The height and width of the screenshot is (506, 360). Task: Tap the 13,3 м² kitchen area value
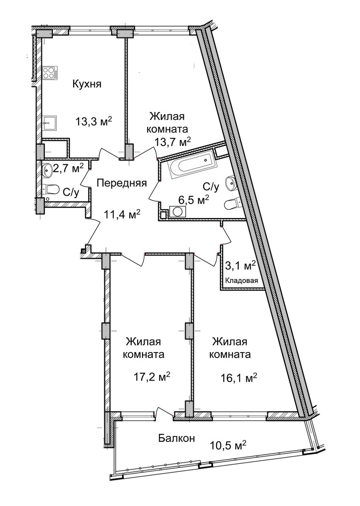pyautogui.click(x=94, y=122)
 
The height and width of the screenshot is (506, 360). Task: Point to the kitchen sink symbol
pyautogui.click(x=50, y=123)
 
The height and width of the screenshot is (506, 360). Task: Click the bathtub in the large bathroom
pyautogui.click(x=192, y=167)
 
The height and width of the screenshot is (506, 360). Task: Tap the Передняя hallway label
pyautogui.click(x=122, y=183)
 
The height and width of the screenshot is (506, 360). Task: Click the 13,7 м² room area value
pyautogui.click(x=173, y=142)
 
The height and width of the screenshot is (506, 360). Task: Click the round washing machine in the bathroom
pyautogui.click(x=177, y=212)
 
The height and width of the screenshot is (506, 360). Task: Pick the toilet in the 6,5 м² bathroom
pyautogui.click(x=233, y=204)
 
